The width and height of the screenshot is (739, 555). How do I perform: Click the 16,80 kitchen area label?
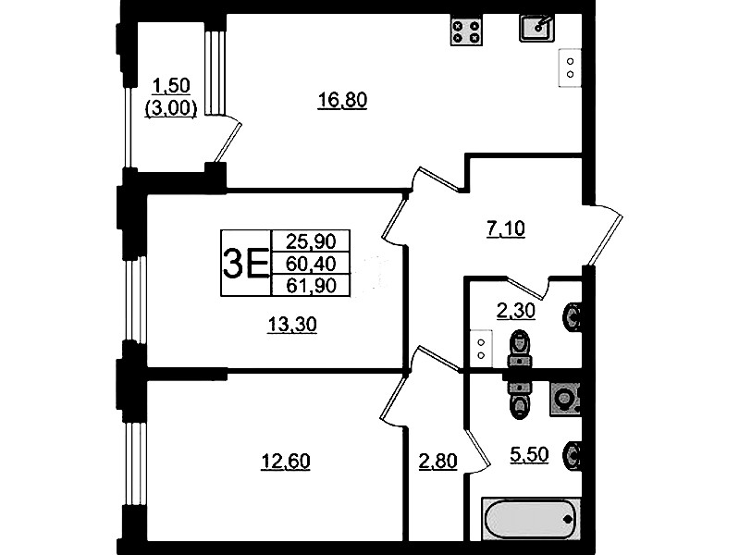click(342, 100)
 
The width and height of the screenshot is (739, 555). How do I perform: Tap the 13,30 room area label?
click(292, 325)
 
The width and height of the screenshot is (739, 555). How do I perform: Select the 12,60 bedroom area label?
click(286, 461)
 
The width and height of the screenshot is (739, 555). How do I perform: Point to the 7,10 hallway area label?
click(505, 228)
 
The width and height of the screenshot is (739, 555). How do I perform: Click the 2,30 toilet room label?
click(515, 311)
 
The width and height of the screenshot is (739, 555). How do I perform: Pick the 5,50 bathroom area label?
click(529, 454)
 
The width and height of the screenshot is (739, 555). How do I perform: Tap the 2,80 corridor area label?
click(437, 461)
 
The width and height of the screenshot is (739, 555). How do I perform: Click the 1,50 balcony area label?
click(171, 86)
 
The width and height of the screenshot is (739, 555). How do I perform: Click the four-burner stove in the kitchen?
click(466, 31)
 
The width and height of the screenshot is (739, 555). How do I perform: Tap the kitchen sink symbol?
click(536, 28)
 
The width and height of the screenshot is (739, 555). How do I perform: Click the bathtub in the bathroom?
click(531, 519)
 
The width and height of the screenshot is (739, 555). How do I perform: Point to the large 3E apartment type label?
click(245, 264)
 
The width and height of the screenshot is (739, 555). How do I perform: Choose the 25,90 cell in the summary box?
click(311, 241)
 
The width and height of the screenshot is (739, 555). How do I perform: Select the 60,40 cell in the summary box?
click(311, 264)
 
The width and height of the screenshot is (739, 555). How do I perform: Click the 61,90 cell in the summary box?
click(311, 285)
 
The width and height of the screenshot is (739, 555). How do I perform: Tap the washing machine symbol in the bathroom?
click(564, 399)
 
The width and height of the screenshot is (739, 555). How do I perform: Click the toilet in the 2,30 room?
click(520, 348)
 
